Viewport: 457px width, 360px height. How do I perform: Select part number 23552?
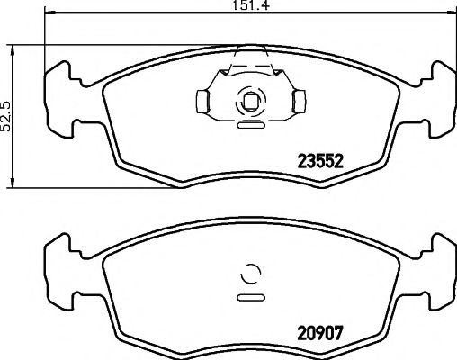[x=322, y=164]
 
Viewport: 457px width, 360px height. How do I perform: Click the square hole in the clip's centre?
[x=250, y=100]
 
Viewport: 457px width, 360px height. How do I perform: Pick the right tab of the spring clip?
[x=298, y=100]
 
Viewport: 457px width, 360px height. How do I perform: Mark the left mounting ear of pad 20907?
[x=60, y=261]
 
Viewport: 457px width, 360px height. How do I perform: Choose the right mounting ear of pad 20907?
[x=439, y=261]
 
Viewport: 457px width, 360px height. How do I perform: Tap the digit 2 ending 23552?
[x=342, y=164]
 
